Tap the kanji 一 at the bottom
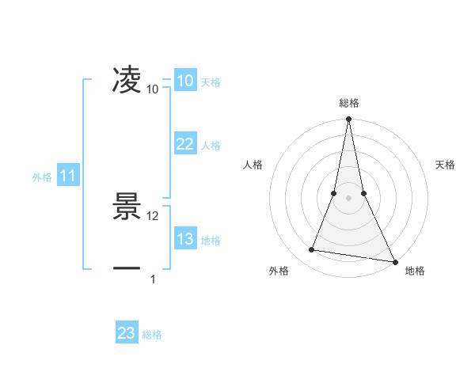tap(127, 268)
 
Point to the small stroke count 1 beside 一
tap(153, 279)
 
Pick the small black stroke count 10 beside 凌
tap(153, 89)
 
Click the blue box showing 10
tap(184, 81)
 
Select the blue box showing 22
tap(184, 144)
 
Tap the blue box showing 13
tap(184, 239)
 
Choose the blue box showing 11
tap(68, 177)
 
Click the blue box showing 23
tap(127, 333)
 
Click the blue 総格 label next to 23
tap(152, 335)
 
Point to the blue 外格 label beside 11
tap(42, 177)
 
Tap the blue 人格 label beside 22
tap(211, 146)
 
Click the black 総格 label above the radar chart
tap(348, 103)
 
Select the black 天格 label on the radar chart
tap(445, 165)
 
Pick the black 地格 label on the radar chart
tap(415, 271)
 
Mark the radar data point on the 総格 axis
tap(348, 120)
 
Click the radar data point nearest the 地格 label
tap(394, 261)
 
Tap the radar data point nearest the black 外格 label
tap(312, 250)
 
